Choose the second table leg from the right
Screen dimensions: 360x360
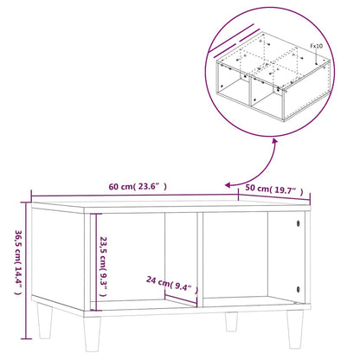[232, 323]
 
